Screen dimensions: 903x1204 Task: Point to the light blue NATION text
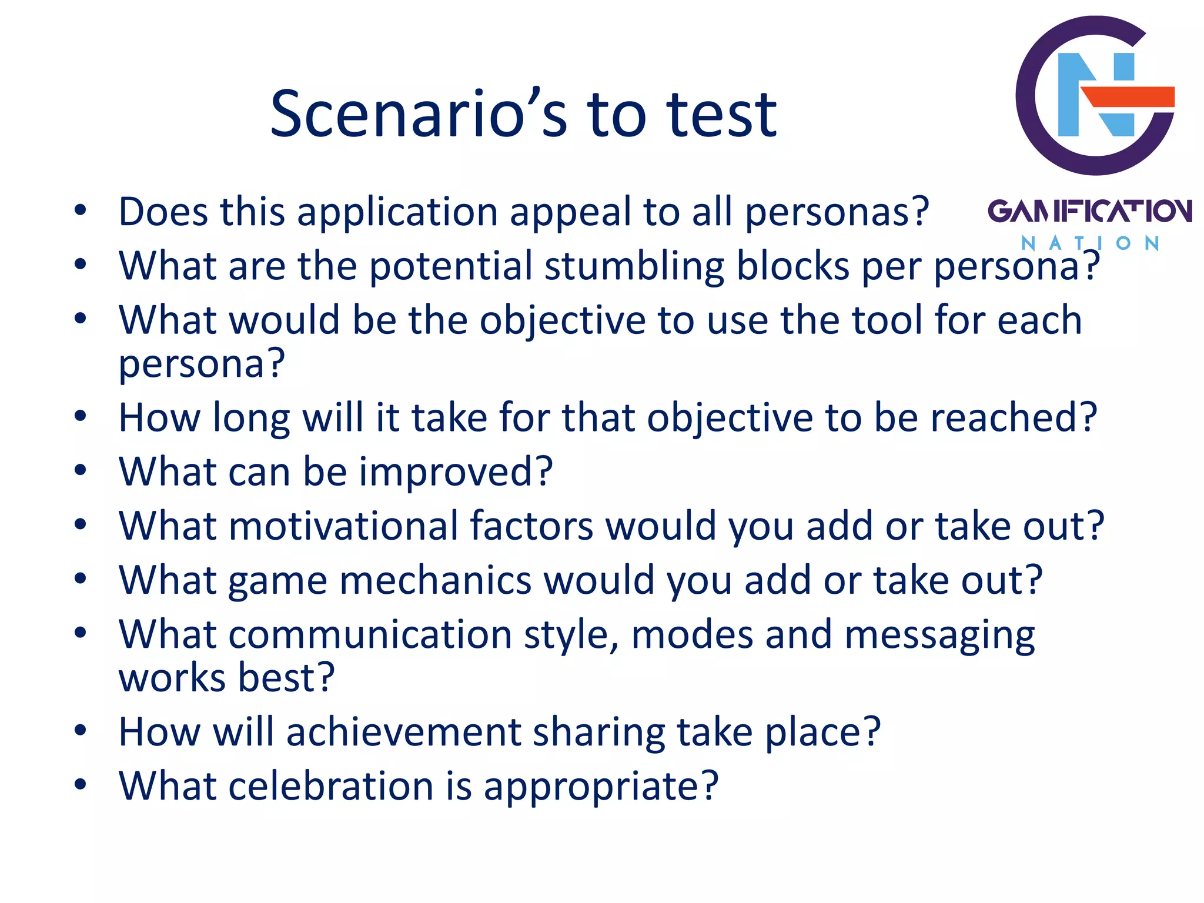(x=1089, y=243)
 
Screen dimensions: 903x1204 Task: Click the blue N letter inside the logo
(x=1095, y=94)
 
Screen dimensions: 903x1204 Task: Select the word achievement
(x=403, y=733)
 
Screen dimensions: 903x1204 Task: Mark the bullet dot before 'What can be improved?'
(x=81, y=470)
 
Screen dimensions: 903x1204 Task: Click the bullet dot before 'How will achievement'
(x=81, y=731)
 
